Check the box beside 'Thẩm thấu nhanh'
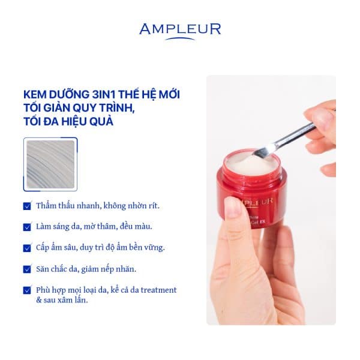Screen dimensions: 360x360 27,206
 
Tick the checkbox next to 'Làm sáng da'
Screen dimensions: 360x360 27,227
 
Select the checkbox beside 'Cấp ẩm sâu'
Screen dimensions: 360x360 27,248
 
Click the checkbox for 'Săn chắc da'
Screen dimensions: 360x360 27,269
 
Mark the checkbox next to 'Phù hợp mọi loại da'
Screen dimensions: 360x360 27,290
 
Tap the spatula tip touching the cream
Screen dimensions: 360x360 267,149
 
